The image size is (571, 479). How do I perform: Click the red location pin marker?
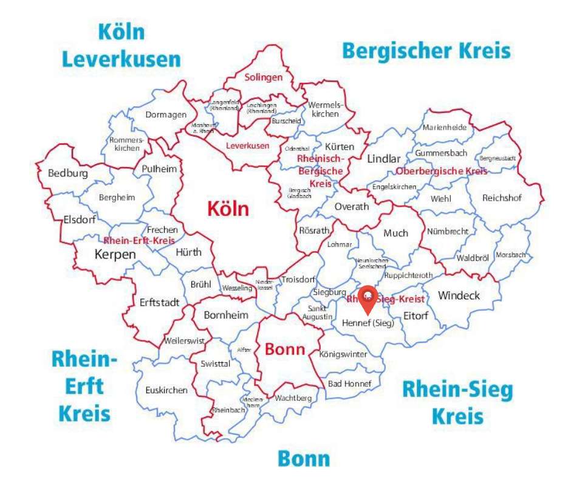pyautogui.click(x=368, y=298)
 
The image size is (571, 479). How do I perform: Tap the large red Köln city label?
pyautogui.click(x=228, y=208)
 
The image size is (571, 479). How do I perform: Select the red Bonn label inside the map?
pyautogui.click(x=284, y=350)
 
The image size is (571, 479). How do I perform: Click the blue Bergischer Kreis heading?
pyautogui.click(x=426, y=50)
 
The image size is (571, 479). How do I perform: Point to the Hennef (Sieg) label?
pyautogui.click(x=368, y=323)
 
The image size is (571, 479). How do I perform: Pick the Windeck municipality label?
pyautogui.click(x=459, y=295)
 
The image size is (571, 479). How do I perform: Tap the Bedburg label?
pyautogui.click(x=68, y=173)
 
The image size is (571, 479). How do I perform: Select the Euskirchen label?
pyautogui.click(x=166, y=390)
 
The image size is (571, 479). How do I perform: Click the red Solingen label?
pyautogui.click(x=264, y=77)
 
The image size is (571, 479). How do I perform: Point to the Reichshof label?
pyautogui.click(x=502, y=198)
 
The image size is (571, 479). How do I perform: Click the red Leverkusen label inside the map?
pyautogui.click(x=247, y=146)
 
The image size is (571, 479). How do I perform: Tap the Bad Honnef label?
pyautogui.click(x=349, y=384)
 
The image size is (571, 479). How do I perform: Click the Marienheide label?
pyautogui.click(x=445, y=128)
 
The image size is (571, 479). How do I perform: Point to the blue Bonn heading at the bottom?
pyautogui.click(x=304, y=459)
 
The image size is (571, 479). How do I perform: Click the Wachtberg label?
pyautogui.click(x=293, y=398)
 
